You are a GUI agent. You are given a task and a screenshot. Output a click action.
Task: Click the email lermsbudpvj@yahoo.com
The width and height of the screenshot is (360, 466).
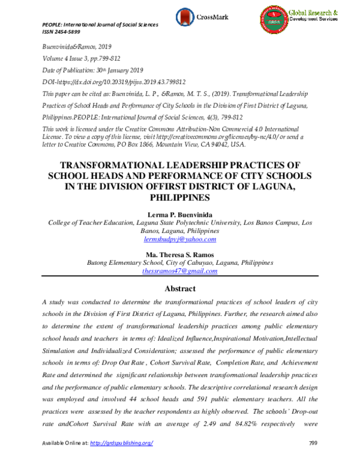[180, 239]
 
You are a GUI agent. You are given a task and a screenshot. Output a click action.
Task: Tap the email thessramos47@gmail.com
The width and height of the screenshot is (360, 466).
[180, 271]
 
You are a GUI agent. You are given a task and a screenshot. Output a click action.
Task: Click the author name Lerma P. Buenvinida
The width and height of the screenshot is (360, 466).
[180, 214]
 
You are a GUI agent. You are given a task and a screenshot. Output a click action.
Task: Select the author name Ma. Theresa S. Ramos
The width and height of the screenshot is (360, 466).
[180, 254]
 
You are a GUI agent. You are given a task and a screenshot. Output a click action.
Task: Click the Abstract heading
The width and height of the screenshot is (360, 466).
[180, 289]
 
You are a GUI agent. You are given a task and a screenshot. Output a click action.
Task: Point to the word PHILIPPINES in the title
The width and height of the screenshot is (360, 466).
[180, 196]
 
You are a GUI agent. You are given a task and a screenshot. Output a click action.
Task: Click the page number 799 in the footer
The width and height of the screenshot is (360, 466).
[312, 459]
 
